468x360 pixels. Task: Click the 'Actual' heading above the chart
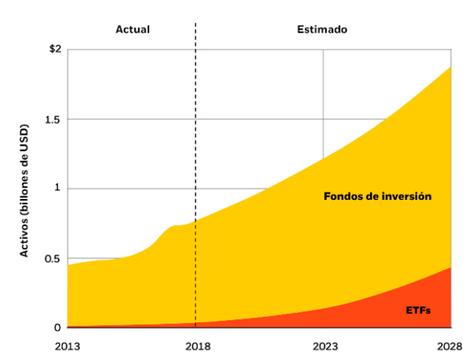(133, 30)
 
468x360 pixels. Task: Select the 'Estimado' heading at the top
(322, 30)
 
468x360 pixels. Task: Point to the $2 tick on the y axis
(55, 49)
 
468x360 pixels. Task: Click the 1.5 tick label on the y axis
(53, 119)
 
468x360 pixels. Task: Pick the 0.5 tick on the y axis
(53, 259)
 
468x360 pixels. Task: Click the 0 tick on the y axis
(58, 327)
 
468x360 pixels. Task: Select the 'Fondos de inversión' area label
(377, 196)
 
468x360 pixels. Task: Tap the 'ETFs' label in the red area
(419, 310)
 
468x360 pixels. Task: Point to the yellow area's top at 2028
(451, 67)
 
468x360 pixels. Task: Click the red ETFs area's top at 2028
(451, 268)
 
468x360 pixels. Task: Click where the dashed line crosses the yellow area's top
(196, 220)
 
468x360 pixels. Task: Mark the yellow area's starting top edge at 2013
(67, 265)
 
